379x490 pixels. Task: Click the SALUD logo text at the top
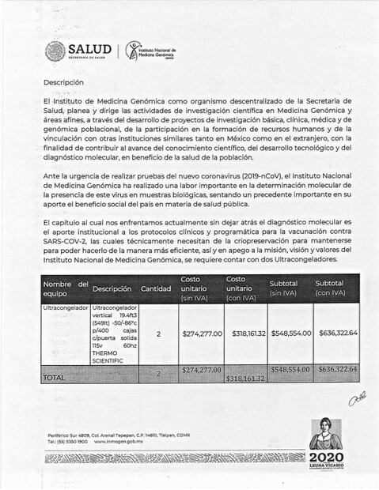click(x=89, y=49)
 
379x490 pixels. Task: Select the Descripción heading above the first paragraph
click(x=63, y=81)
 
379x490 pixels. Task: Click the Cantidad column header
click(x=156, y=288)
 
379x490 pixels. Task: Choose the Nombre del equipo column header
click(x=65, y=288)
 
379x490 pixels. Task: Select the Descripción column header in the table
click(x=112, y=288)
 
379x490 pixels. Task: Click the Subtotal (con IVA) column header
click(x=335, y=288)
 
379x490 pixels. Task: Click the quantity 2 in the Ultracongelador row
click(x=158, y=334)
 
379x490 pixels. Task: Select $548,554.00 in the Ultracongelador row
click(x=290, y=334)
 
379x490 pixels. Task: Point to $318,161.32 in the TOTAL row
click(x=245, y=379)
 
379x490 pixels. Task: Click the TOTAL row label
click(x=54, y=379)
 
